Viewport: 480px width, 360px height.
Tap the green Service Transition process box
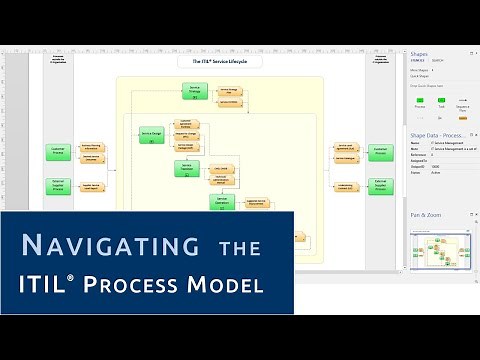(186, 168)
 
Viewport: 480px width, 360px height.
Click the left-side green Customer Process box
(58, 153)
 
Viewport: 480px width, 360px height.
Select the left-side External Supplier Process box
(58, 185)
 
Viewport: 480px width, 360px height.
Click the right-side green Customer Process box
(380, 153)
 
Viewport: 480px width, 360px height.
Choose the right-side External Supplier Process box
(380, 185)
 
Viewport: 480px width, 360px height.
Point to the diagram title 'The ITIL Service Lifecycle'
(220, 62)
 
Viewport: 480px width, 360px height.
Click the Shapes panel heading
(419, 55)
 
